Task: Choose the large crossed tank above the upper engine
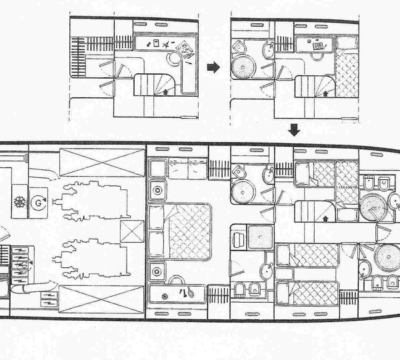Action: point(87,160)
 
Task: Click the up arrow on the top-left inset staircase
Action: point(165,93)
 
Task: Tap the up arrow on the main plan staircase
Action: point(325,217)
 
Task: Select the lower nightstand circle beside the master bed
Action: point(157,271)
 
